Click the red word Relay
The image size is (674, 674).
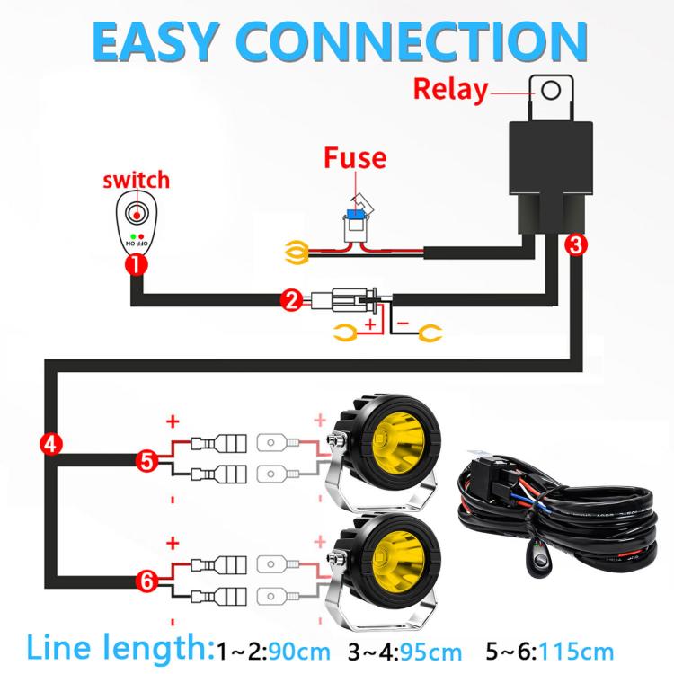click(450, 90)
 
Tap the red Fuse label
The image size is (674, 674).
click(355, 158)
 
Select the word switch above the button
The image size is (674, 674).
click(137, 180)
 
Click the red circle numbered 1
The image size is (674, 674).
click(137, 265)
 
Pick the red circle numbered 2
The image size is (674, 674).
click(291, 300)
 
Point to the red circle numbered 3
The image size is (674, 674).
click(576, 244)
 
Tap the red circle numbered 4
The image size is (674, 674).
click(50, 444)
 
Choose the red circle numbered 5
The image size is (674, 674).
click(147, 461)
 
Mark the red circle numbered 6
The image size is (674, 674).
click(147, 581)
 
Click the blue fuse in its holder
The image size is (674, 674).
click(356, 214)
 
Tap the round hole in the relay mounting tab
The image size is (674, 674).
click(551, 91)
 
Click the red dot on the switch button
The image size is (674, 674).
click(137, 215)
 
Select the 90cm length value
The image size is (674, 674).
click(298, 652)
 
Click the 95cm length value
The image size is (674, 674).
click(430, 652)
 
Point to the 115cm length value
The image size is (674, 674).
click(576, 652)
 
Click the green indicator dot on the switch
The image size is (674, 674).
click(133, 236)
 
